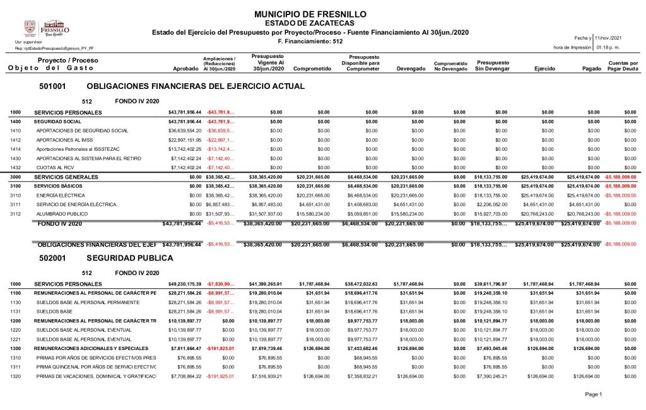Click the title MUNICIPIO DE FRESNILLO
coord(308,14)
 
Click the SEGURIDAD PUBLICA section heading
coord(129,258)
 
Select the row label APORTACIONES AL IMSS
coord(65,139)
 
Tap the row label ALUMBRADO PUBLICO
coord(63,214)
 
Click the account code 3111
coord(16,204)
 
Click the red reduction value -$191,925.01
coord(220,376)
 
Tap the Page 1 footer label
coord(594,394)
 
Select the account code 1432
coord(16,167)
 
